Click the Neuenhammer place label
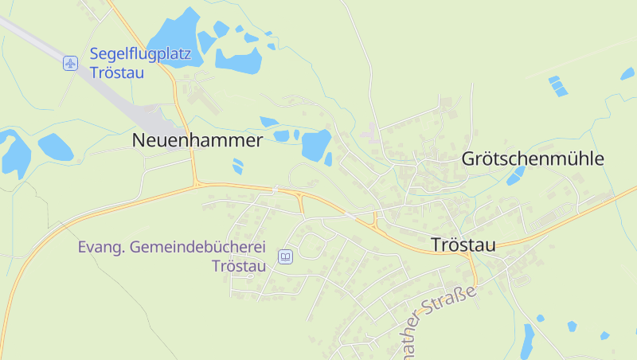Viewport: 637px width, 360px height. click(197, 141)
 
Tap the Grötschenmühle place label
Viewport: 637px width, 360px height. click(533, 159)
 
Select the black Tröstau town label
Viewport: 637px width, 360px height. click(463, 245)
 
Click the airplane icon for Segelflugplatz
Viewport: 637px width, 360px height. click(71, 63)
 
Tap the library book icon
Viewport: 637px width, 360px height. click(284, 256)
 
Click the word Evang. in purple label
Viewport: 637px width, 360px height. click(99, 248)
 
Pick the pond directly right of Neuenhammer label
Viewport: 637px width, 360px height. click(315, 144)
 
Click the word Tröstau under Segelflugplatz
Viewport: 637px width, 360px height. click(116, 73)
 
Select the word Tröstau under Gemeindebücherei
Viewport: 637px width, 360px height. click(239, 266)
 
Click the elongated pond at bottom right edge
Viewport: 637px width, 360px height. click(528, 341)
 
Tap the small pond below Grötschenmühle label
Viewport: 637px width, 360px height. click(516, 176)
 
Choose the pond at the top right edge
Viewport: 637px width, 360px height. click(627, 73)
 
